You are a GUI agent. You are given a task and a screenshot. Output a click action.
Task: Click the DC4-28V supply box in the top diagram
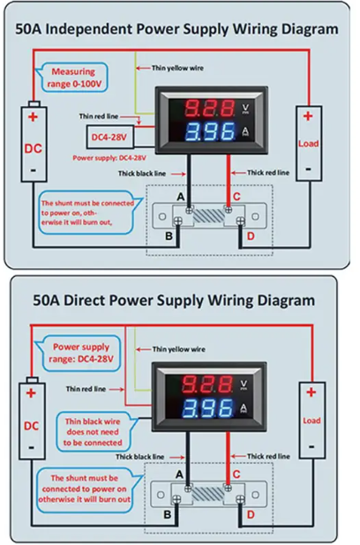[x=110, y=137]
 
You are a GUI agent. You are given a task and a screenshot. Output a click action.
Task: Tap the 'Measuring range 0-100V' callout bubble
[x=74, y=78]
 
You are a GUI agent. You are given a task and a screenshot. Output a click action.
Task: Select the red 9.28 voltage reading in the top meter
[x=209, y=108]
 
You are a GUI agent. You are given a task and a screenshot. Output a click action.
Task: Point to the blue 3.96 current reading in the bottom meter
[x=208, y=407]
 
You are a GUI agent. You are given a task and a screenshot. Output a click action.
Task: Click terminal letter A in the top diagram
[x=181, y=197]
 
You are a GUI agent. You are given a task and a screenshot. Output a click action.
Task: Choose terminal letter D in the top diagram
[x=251, y=236]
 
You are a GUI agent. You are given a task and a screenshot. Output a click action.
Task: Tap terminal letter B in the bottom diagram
[x=168, y=514]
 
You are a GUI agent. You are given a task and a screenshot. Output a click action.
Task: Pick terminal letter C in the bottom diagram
[x=236, y=474]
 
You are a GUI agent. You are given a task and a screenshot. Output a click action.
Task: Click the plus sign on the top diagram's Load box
[x=308, y=116]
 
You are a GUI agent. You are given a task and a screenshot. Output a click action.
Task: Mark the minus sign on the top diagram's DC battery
[x=33, y=170]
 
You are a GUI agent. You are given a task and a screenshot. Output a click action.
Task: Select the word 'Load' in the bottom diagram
[x=311, y=421]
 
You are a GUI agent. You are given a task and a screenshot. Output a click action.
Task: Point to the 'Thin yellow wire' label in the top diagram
[x=177, y=68]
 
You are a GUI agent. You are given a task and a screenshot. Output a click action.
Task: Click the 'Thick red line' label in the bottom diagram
[x=268, y=456]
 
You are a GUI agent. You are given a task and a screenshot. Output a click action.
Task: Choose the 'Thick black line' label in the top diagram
[x=142, y=174]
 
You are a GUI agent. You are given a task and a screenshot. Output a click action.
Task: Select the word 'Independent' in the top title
[x=89, y=29]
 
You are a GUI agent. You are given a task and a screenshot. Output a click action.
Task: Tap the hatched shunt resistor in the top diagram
[x=209, y=215]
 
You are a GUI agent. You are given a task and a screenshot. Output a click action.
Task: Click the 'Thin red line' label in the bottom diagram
[x=86, y=389]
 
